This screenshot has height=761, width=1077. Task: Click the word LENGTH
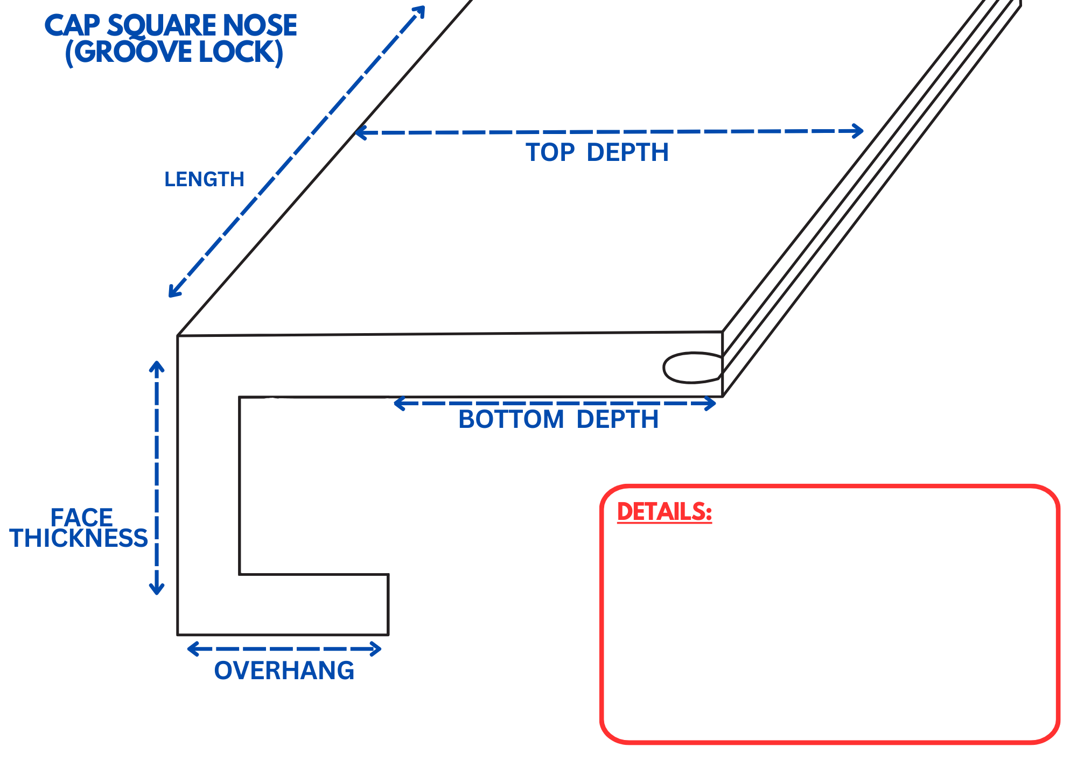[204, 179]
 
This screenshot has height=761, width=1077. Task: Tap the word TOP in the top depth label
[550, 152]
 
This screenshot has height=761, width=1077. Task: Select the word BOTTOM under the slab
[511, 419]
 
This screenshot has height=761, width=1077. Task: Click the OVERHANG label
[284, 671]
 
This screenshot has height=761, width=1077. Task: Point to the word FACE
[81, 518]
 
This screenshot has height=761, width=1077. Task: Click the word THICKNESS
[79, 538]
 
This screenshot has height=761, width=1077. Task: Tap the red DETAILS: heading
[665, 512]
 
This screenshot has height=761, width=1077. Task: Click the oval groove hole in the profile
[693, 368]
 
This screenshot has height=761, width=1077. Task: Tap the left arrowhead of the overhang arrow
[192, 649]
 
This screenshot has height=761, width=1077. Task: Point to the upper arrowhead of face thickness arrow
[157, 366]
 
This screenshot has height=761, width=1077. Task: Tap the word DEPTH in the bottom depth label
[617, 419]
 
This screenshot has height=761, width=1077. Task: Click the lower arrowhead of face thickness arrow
[157, 590]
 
